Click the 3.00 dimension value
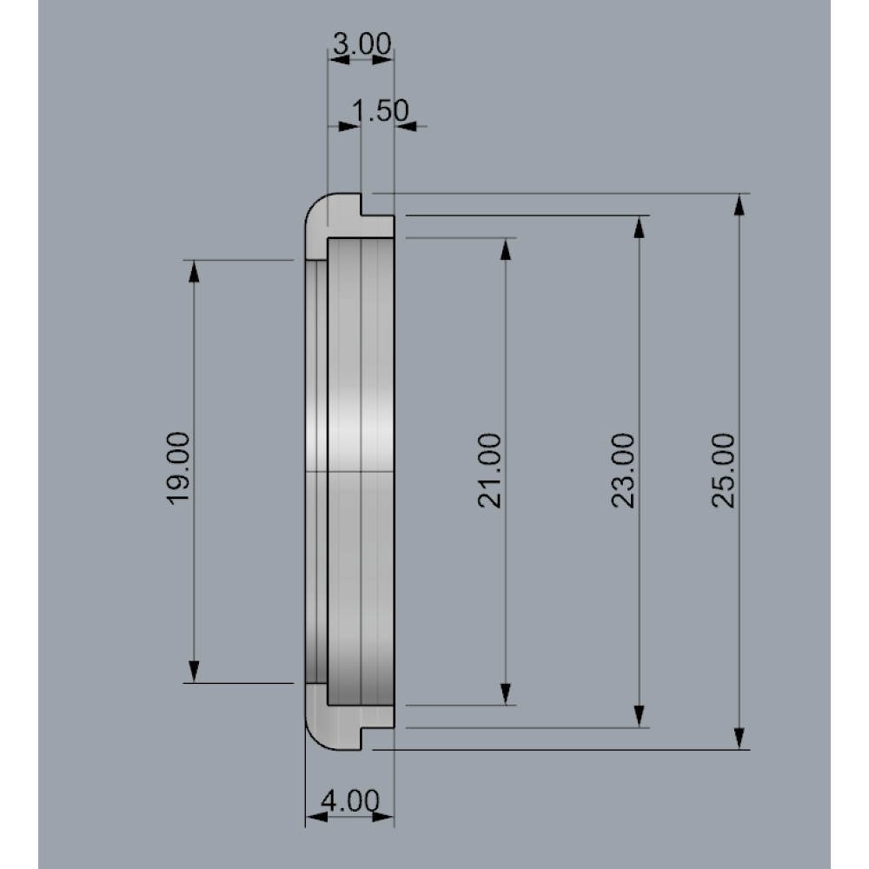pos(362,43)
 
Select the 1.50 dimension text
pos(381,109)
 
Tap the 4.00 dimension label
pos(350,800)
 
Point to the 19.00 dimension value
pos(178,468)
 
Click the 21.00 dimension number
pos(489,470)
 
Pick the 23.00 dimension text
pos(623,470)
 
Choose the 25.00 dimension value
pos(723,470)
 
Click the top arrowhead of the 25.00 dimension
pos(739,204)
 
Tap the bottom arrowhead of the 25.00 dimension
pos(739,740)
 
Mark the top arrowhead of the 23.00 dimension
pos(639,226)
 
